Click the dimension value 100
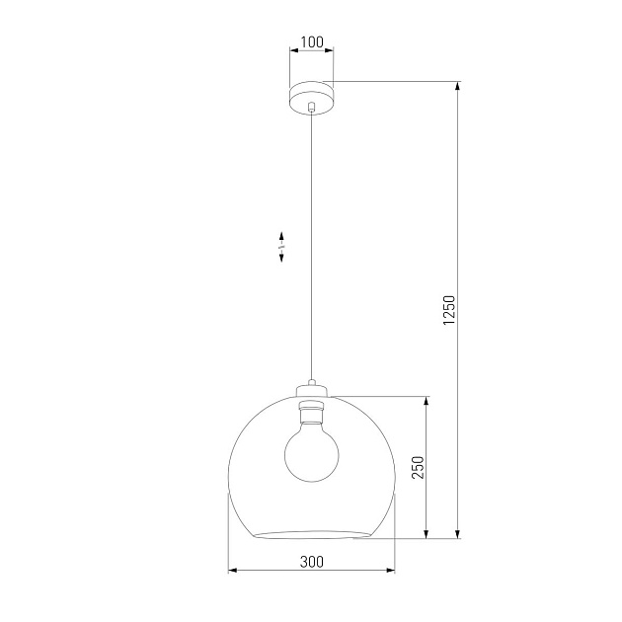(311, 42)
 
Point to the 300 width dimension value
(311, 562)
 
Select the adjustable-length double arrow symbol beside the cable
(281, 247)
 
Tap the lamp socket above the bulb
(311, 406)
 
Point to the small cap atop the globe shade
(311, 385)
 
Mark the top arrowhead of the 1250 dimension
(458, 87)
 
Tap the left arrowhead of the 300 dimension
(233, 571)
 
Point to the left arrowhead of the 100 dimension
(292, 51)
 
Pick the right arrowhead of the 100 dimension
(330, 51)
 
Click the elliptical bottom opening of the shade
(311, 534)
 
